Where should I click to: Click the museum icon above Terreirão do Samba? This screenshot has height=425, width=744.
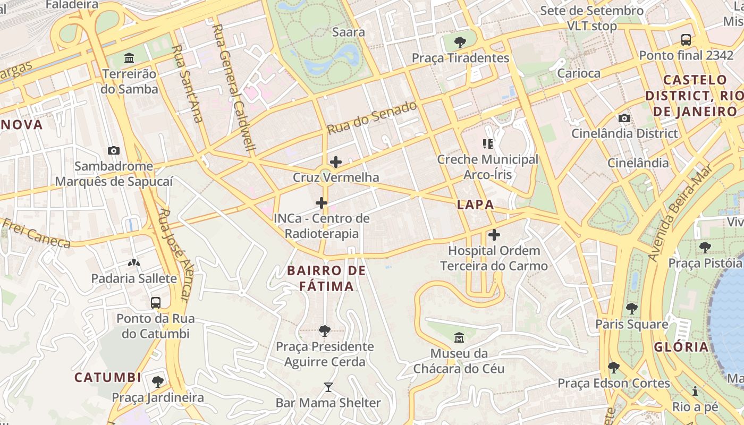pos(129,57)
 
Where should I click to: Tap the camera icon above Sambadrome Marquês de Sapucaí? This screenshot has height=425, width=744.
pos(114,150)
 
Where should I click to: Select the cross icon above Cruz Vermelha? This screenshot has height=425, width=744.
pos(336,162)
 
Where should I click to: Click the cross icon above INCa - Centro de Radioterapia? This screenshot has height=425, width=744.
pos(322,202)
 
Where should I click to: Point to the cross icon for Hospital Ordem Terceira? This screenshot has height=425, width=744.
pos(494,234)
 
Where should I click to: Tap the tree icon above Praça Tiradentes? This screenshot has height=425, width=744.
pos(460,42)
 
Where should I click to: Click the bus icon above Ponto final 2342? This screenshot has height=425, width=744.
pos(686,39)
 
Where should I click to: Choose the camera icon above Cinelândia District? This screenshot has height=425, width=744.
pos(624,118)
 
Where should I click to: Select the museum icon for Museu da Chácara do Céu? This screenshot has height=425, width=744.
pos(459,337)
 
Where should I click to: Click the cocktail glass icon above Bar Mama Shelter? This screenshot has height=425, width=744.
pos(328,387)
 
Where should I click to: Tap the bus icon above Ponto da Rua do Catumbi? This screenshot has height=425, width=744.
pos(155,303)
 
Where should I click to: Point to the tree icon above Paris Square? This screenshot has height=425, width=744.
pos(631,308)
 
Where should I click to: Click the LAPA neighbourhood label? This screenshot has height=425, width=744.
pos(475,205)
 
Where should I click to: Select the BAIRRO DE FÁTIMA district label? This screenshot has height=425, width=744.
pos(326,278)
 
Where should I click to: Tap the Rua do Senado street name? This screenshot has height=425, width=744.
pos(371,117)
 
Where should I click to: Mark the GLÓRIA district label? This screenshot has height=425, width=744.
pos(681,347)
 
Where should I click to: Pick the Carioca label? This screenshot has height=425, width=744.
pos(578,73)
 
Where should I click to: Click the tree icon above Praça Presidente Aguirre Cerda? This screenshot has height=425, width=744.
pos(324,331)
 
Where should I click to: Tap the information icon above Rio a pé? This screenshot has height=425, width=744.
pos(695,392)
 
